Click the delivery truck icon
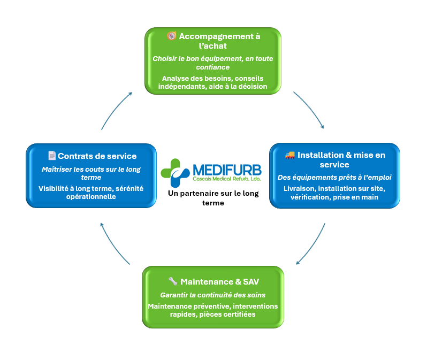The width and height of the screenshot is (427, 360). click(290, 155)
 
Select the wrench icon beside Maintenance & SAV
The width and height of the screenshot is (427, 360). click(173, 281)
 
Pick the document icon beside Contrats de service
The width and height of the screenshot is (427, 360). click(52, 156)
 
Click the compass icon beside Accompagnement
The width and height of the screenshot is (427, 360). click(172, 36)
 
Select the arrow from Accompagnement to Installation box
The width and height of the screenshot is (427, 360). click(310, 109)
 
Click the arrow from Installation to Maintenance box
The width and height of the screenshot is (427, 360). click(311, 244)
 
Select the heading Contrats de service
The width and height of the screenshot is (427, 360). click(97, 156)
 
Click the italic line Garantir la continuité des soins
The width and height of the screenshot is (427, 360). click(213, 295)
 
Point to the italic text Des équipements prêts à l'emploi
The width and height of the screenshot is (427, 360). click(334, 177)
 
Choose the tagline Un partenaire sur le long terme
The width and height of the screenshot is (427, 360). click(213, 198)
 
